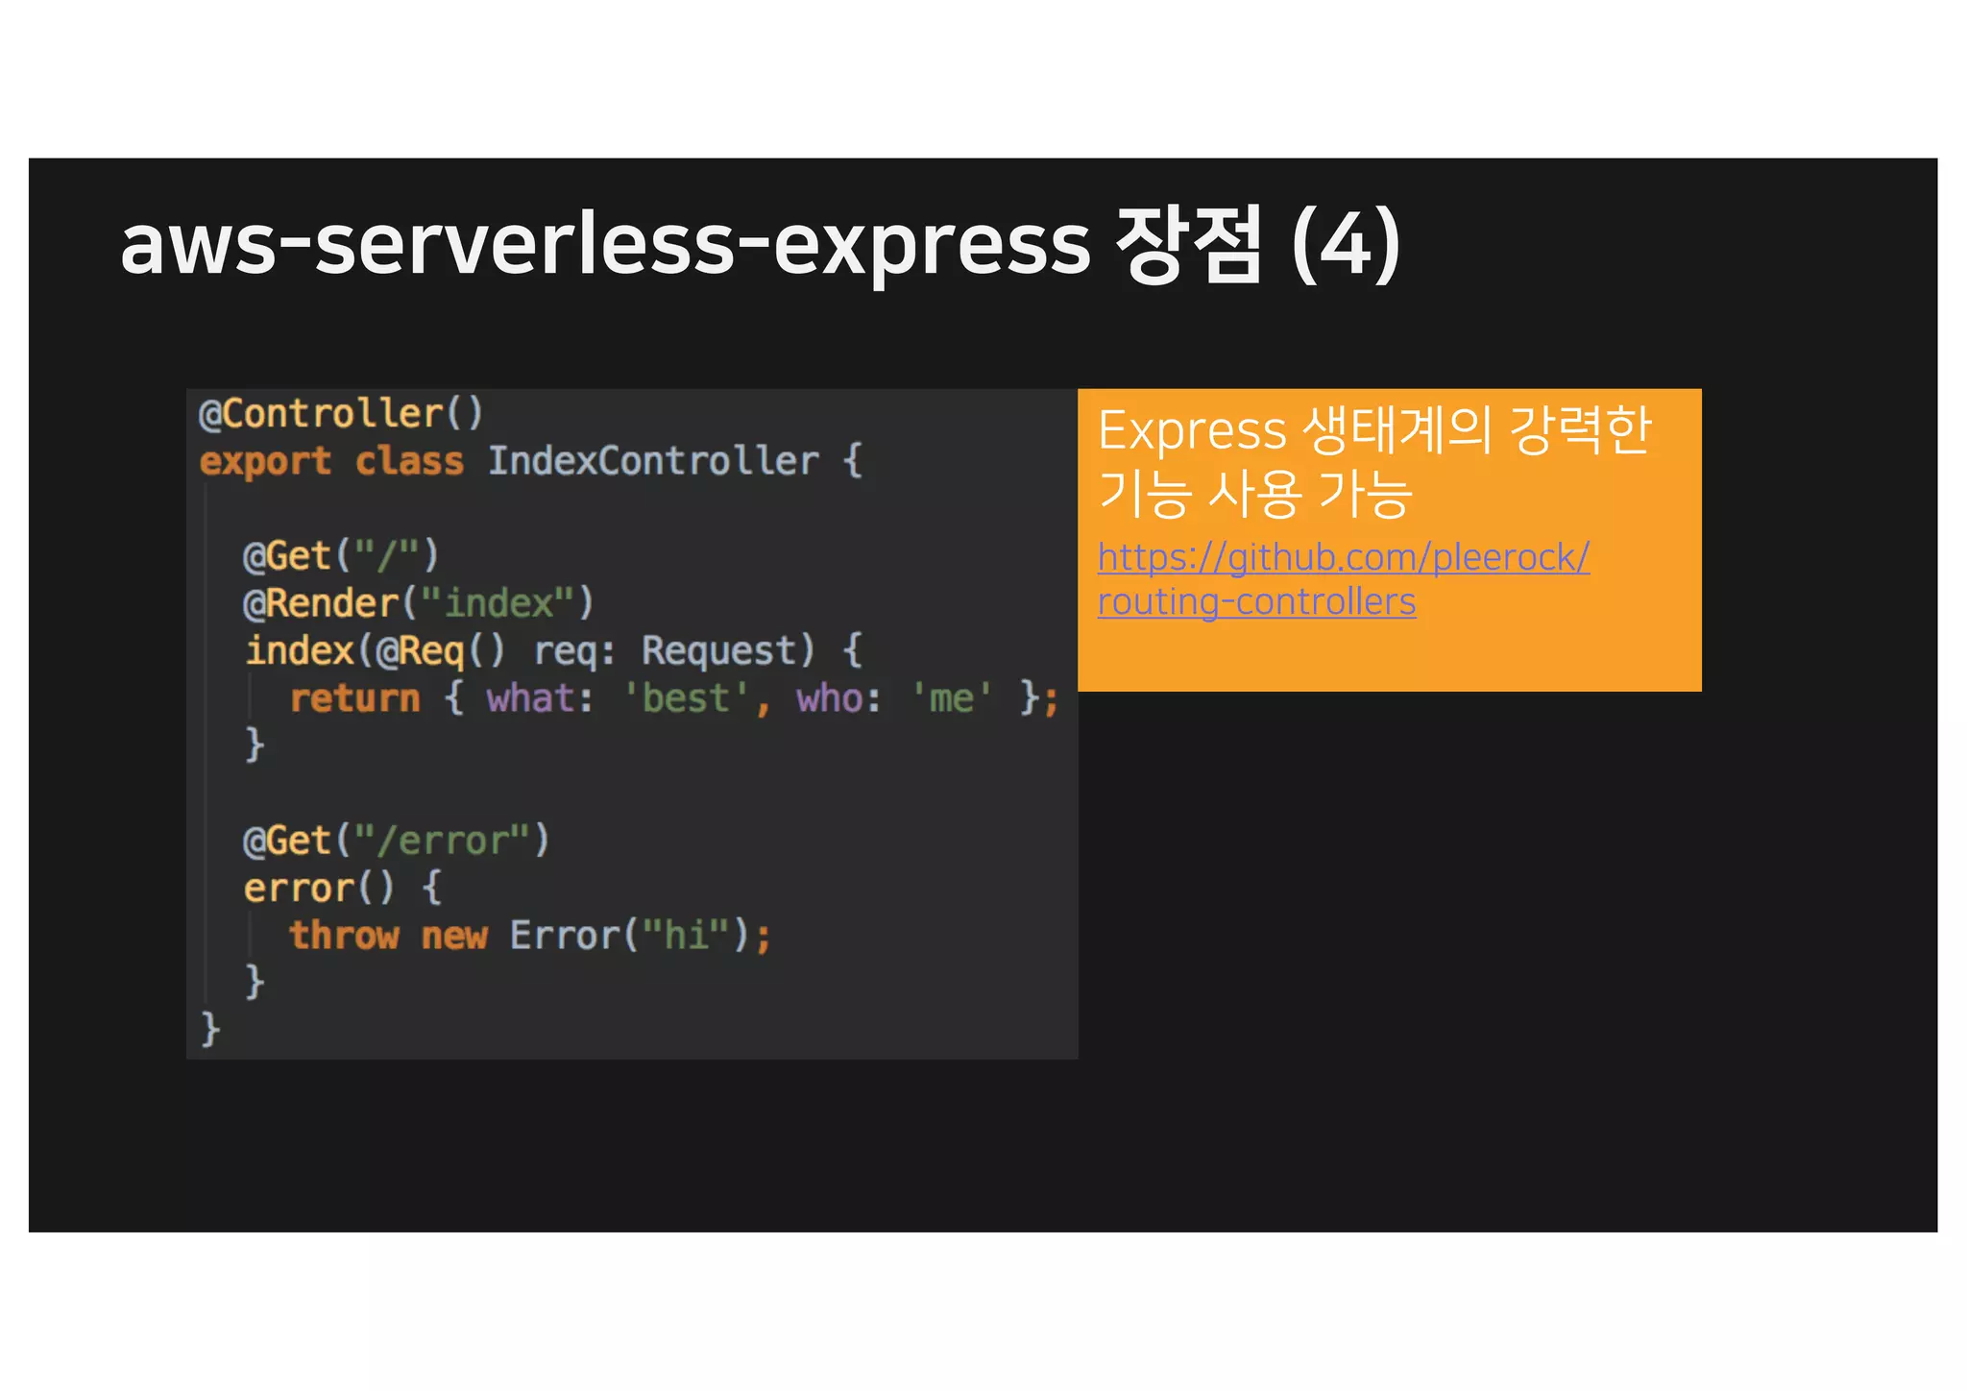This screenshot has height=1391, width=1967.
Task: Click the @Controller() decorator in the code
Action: [x=340, y=414]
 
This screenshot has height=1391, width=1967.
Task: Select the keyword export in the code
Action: [x=265, y=461]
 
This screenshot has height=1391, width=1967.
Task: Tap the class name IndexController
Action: [x=653, y=461]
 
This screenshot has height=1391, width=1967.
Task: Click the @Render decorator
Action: [x=321, y=603]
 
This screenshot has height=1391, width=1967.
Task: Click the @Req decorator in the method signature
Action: [x=421, y=651]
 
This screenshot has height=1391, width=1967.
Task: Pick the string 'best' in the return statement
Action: [x=686, y=698]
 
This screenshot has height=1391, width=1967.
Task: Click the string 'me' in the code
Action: [x=951, y=698]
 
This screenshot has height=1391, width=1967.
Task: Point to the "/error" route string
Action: [x=442, y=841]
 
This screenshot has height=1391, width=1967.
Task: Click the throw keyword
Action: [x=344, y=936]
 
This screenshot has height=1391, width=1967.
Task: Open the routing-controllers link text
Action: [x=1256, y=602]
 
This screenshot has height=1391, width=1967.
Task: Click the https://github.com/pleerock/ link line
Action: [x=1343, y=557]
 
